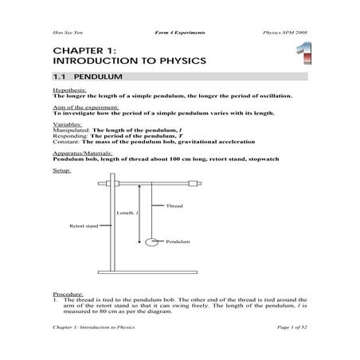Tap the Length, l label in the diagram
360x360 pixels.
pyautogui.click(x=127, y=213)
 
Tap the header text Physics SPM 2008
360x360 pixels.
pyautogui.click(x=284, y=32)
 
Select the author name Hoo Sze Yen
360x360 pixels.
pyautogui.click(x=67, y=32)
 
